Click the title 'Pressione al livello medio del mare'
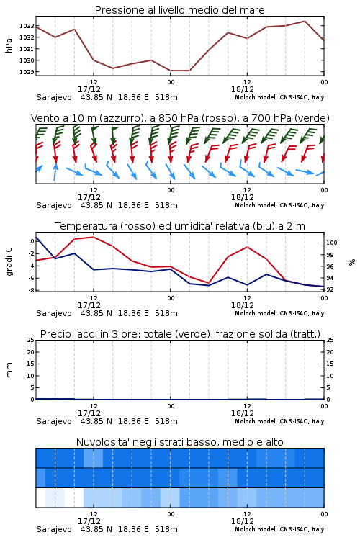tap(179, 10)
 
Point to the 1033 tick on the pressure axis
tap(26, 26)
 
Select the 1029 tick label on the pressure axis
tap(26, 72)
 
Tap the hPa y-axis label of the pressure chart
tap(9, 45)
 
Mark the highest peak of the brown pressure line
tap(305, 21)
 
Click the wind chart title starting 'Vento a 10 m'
tap(180, 118)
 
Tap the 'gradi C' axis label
tap(9, 262)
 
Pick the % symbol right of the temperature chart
tap(352, 262)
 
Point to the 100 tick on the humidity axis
tap(332, 243)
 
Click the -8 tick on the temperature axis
tap(32, 290)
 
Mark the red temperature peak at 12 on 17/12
tap(94, 237)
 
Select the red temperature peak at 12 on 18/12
tap(247, 247)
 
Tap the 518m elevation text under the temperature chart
tap(166, 313)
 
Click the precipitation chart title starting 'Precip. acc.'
tap(180, 334)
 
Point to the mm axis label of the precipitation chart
tap(9, 370)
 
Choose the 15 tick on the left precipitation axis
tap(31, 364)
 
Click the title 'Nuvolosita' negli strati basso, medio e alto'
tap(179, 442)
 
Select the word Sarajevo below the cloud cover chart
tap(54, 529)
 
